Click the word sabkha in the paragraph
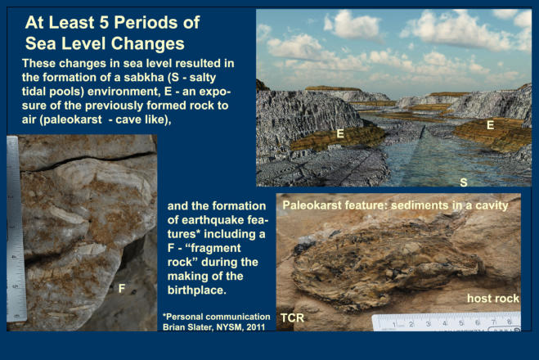[x=143, y=78]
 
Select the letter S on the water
[x=464, y=182]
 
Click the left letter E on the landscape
[x=340, y=133]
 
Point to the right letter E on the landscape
[x=490, y=125]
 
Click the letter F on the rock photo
[x=121, y=289]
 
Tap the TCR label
[x=292, y=318]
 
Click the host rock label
[x=493, y=299]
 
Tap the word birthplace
[x=196, y=290]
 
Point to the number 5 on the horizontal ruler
[x=461, y=323]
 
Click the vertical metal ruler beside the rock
[x=16, y=229]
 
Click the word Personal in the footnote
[x=189, y=317]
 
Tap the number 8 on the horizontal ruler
[x=510, y=322]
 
